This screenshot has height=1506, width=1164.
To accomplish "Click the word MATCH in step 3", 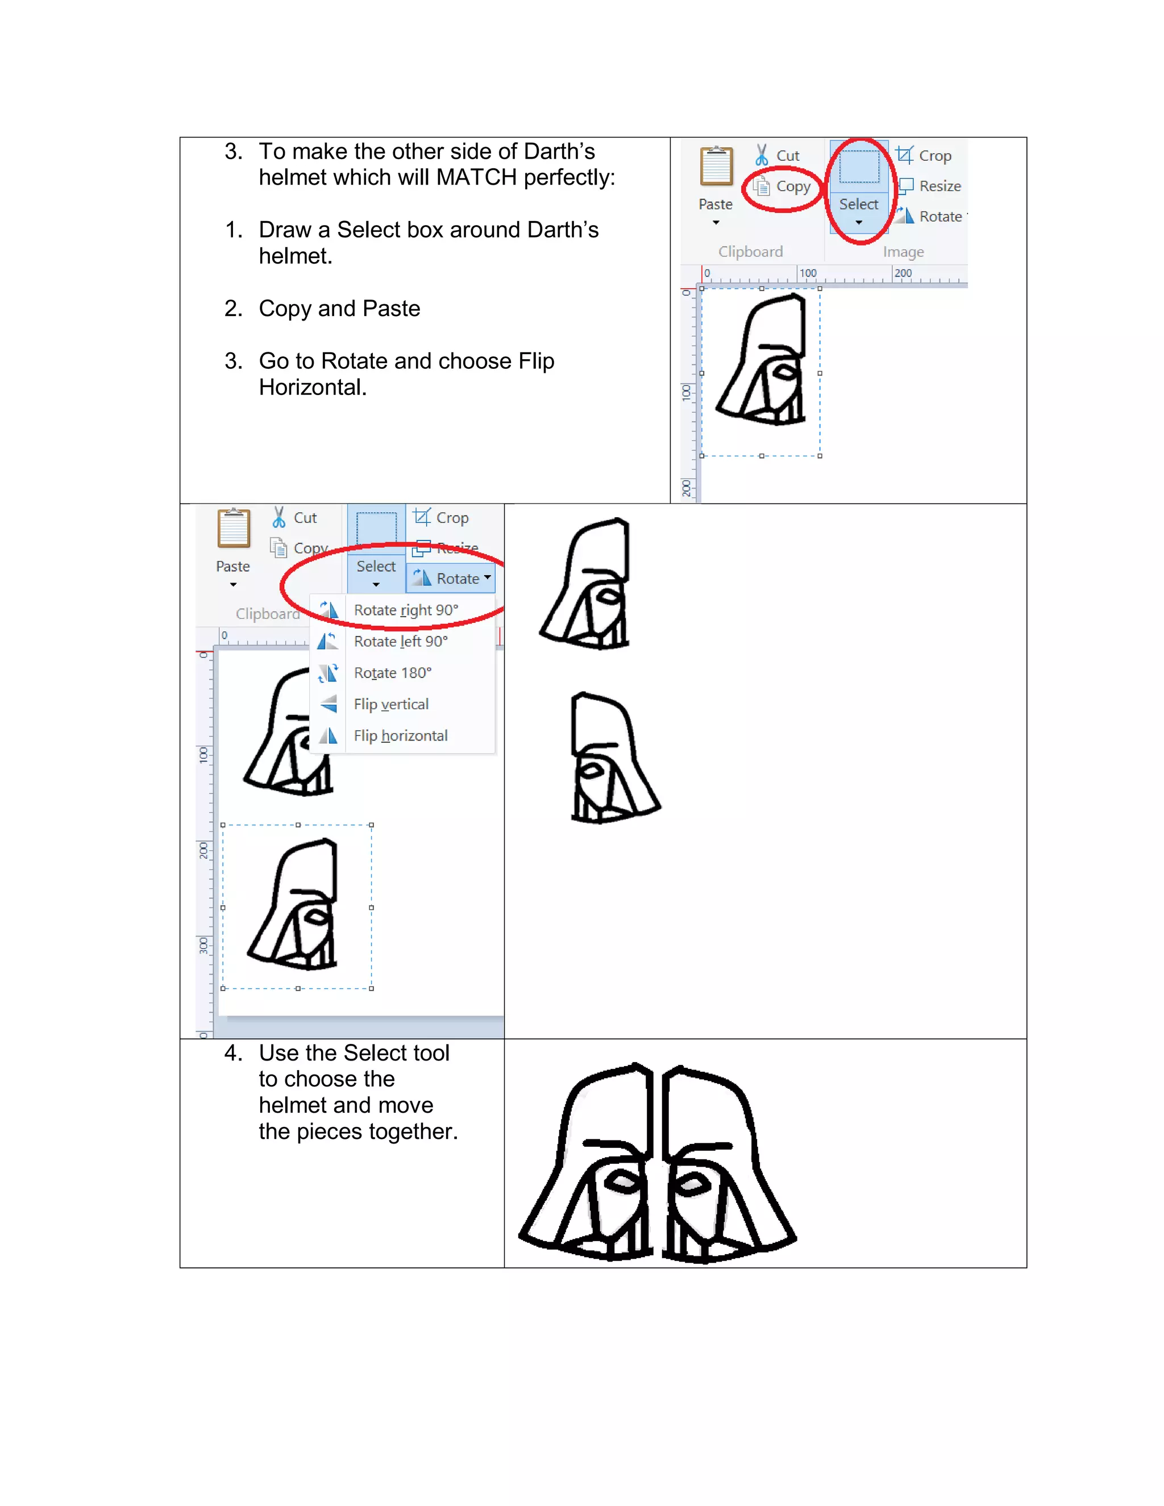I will tap(476, 178).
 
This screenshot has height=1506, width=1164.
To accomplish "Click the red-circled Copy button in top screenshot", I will tap(784, 187).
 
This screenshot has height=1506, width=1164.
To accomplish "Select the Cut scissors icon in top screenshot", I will tap(761, 155).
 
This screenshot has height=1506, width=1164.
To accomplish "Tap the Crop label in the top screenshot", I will tap(934, 156).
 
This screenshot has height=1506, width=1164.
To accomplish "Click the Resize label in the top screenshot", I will tap(939, 186).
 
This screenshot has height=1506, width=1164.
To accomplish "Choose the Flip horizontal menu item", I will tap(400, 736).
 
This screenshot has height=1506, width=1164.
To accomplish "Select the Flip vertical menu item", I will tap(391, 704).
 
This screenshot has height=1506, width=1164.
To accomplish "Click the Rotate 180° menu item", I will tap(392, 673).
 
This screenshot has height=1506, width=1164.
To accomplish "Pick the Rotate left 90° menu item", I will tap(400, 641).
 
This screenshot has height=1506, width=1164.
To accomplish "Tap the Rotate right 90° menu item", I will tap(405, 610).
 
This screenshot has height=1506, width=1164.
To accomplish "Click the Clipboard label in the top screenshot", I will tap(750, 252).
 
